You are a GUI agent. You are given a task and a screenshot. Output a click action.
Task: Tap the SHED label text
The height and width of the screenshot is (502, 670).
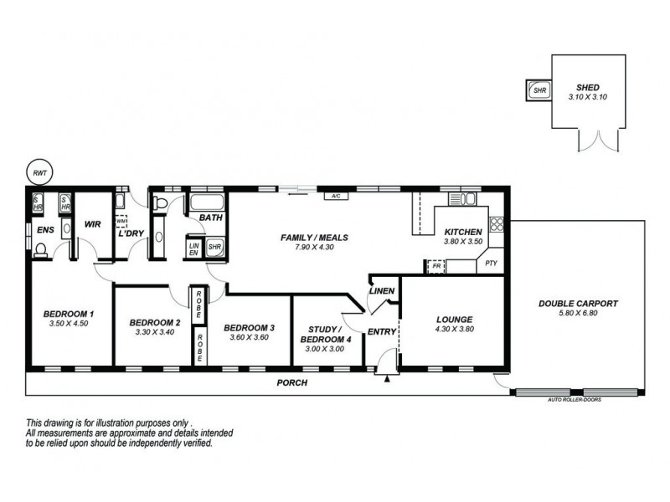(587, 86)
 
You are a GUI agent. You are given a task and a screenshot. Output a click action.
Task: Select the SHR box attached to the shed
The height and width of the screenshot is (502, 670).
(537, 90)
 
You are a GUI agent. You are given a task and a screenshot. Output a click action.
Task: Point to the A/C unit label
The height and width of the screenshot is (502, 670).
(335, 197)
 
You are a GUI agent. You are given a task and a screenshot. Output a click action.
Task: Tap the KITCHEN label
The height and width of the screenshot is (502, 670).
(462, 232)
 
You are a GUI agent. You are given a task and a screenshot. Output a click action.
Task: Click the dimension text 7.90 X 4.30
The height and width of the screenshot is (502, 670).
(314, 248)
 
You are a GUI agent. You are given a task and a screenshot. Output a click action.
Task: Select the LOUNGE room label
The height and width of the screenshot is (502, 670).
(455, 319)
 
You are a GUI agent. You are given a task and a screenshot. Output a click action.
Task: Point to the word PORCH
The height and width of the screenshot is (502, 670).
(292, 382)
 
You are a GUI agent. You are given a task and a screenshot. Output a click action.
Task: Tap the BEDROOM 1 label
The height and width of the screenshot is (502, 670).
(69, 315)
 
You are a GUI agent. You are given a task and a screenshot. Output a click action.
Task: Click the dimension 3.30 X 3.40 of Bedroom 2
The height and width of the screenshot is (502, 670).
(155, 332)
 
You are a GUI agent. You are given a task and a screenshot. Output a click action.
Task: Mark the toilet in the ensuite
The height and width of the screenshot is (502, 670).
(39, 248)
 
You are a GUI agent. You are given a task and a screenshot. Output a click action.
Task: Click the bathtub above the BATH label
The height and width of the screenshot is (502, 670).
(205, 202)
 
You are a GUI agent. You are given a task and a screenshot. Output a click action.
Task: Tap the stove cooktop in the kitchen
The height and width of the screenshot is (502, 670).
(496, 223)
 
